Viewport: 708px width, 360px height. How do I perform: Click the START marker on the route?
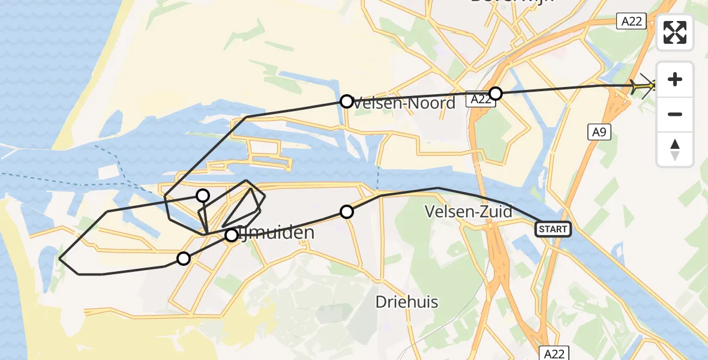pyautogui.click(x=553, y=229)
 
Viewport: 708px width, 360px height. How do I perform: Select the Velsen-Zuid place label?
pyautogui.click(x=468, y=211)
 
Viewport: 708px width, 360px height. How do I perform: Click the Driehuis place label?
pyautogui.click(x=407, y=301)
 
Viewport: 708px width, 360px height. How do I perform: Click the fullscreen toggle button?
pyautogui.click(x=675, y=32)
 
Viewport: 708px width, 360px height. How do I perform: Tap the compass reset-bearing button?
pyautogui.click(x=675, y=149)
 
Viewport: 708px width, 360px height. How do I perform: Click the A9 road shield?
pyautogui.click(x=599, y=132)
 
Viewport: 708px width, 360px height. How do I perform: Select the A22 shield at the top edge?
pyautogui.click(x=631, y=22)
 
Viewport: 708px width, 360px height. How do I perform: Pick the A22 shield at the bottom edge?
pyautogui.click(x=553, y=353)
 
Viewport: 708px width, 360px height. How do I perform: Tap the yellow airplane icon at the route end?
pyautogui.click(x=643, y=86)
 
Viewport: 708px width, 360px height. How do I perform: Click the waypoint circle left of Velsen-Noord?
pyautogui.click(x=346, y=101)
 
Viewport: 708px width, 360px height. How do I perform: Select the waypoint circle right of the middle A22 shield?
pyautogui.click(x=496, y=93)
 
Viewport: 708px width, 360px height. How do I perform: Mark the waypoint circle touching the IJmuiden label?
pyautogui.click(x=232, y=235)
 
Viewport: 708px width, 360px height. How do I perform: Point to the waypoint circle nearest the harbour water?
pyautogui.click(x=203, y=195)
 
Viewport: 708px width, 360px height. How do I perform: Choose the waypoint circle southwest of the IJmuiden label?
pyautogui.click(x=184, y=259)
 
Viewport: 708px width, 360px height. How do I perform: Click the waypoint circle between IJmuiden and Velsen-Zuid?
pyautogui.click(x=346, y=211)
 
